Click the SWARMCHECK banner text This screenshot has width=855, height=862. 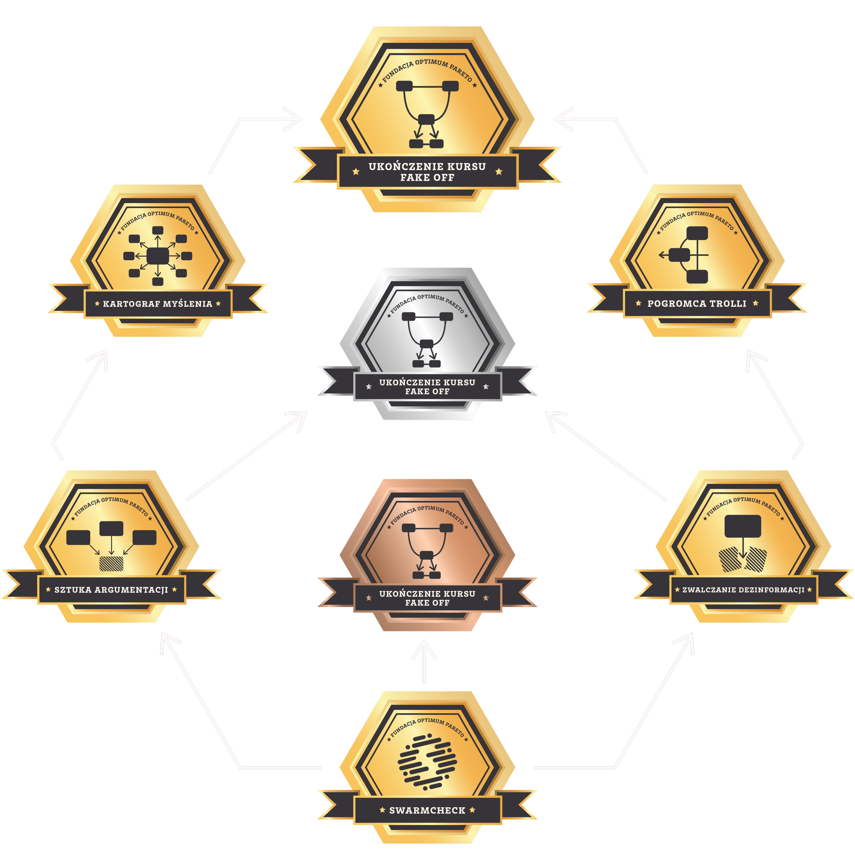[427, 810]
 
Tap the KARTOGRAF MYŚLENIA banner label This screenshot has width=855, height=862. [158, 304]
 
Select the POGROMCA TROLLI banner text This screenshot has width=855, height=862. [697, 304]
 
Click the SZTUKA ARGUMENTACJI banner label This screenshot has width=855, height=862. [111, 590]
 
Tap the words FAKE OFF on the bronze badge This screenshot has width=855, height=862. [427, 603]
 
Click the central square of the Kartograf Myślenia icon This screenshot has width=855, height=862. [158, 256]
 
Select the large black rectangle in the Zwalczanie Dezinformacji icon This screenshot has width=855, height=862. [742, 526]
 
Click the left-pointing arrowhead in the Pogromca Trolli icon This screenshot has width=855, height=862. [662, 255]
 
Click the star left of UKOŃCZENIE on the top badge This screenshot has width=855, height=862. [356, 171]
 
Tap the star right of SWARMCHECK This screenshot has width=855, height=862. [472, 810]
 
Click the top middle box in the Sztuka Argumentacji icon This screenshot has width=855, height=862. [111, 528]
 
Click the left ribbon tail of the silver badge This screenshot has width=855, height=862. [338, 381]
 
